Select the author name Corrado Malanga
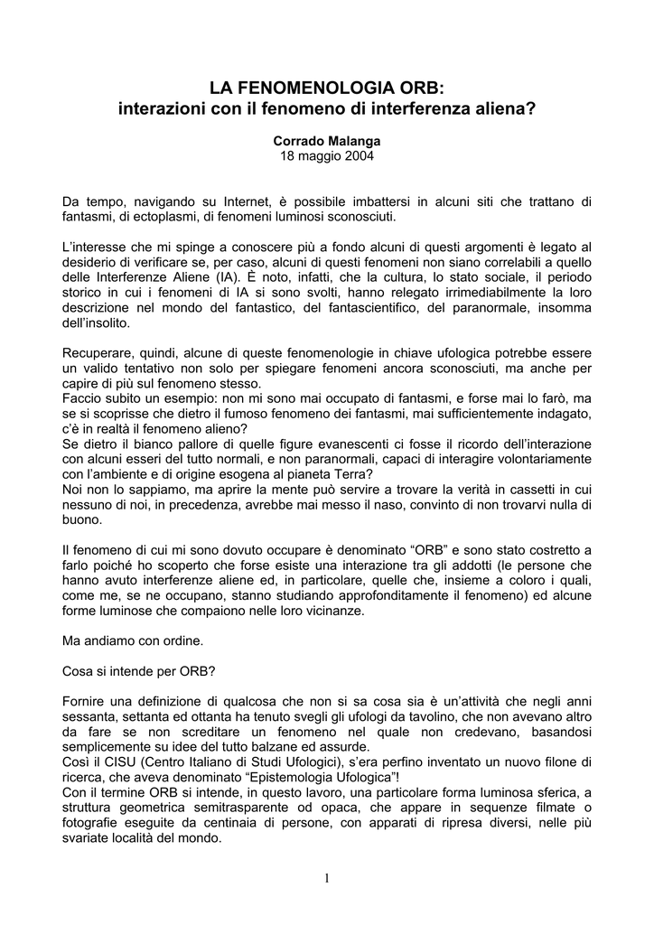(x=326, y=142)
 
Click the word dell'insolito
(x=97, y=322)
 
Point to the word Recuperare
(x=100, y=353)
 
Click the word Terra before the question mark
(x=355, y=475)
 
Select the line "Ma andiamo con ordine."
(x=133, y=641)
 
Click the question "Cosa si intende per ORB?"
(x=139, y=672)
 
